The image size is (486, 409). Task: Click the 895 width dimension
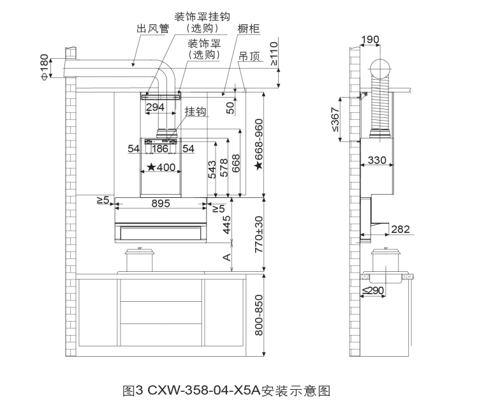161,204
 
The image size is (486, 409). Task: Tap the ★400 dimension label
161,167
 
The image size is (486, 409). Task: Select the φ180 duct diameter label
45,67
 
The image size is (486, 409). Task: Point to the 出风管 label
153,29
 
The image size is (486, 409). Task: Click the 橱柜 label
249,29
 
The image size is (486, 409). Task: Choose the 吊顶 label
249,56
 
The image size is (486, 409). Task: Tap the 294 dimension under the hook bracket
155,107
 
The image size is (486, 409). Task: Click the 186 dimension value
160,149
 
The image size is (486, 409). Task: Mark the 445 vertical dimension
227,225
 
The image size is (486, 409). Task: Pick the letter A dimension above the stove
227,257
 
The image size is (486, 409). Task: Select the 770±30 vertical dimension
259,234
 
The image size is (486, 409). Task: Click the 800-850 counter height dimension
259,315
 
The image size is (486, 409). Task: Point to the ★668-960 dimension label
259,144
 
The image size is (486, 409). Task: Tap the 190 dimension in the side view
370,40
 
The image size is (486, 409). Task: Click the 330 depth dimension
377,160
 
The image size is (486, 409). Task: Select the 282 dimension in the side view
400,229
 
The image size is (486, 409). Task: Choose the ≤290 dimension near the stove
373,290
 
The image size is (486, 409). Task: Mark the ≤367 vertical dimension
335,119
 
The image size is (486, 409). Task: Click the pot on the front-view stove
139,260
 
